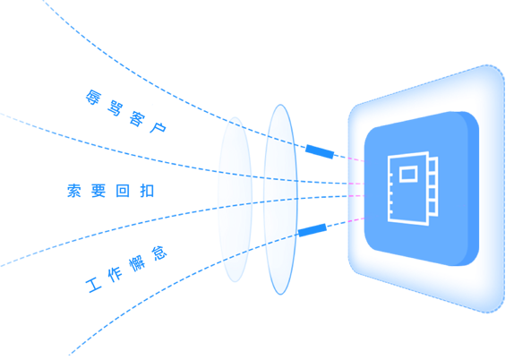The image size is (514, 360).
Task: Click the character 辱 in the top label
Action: (x=94, y=98)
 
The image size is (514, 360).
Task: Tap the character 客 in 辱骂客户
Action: (x=137, y=119)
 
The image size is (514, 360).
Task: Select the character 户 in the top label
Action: (x=158, y=126)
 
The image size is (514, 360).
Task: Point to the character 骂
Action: (x=115, y=109)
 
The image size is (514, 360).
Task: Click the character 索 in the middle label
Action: (x=74, y=191)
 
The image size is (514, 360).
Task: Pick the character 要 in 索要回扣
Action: (x=99, y=191)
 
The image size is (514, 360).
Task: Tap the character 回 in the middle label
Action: (x=123, y=191)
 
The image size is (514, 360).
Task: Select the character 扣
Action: (x=147, y=191)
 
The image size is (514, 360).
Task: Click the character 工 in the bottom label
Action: (x=94, y=286)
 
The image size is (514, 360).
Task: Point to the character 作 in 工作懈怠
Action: (x=115, y=274)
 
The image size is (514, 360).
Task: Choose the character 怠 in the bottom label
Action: (x=159, y=253)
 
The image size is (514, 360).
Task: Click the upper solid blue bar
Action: (x=320, y=151)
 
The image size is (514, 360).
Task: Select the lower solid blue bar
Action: (x=313, y=230)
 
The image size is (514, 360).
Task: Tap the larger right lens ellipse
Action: (x=264, y=200)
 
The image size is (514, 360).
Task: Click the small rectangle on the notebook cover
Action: (x=408, y=174)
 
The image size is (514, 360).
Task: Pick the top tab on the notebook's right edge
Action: (x=433, y=165)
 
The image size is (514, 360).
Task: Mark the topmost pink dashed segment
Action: (x=356, y=159)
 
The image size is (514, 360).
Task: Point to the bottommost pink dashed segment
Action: (x=356, y=219)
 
